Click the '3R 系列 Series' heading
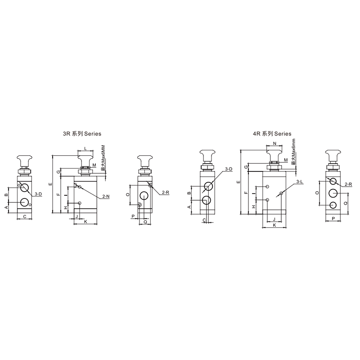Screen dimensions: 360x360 pyautogui.click(x=82, y=134)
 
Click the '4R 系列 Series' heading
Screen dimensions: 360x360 pyautogui.click(x=272, y=134)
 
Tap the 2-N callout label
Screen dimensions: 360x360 pyautogui.click(x=106, y=196)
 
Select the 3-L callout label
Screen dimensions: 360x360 pyautogui.click(x=300, y=182)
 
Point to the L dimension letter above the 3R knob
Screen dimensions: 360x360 pyautogui.click(x=85, y=148)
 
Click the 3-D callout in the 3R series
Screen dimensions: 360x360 pyautogui.click(x=38, y=194)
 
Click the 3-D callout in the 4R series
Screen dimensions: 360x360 pyautogui.click(x=229, y=169)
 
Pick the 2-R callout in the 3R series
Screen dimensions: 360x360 pyautogui.click(x=165, y=193)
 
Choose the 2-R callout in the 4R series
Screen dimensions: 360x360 pyautogui.click(x=348, y=184)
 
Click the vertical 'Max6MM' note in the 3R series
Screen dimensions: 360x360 pyautogui.click(x=103, y=159)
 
